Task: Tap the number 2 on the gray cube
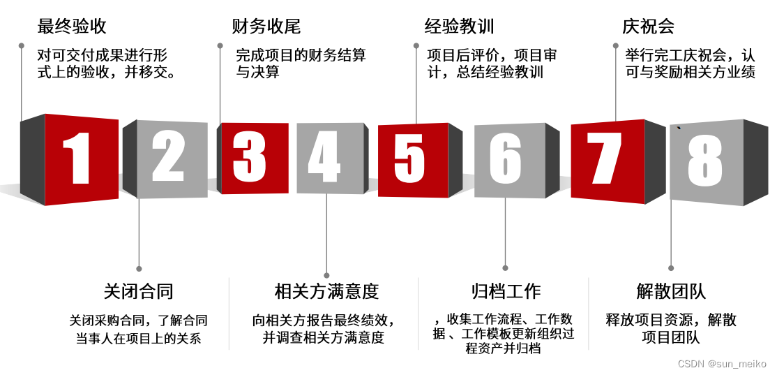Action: [x=168, y=157]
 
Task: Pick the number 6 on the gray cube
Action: [x=506, y=158]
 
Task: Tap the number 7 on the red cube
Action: [x=604, y=157]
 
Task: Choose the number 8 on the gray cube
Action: [x=704, y=161]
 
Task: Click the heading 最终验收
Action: [x=72, y=27]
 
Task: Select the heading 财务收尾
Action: [x=266, y=27]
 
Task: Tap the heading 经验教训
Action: [x=460, y=27]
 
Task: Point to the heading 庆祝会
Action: [x=648, y=27]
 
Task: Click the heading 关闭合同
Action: [x=138, y=291]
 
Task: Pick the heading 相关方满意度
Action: [x=326, y=291]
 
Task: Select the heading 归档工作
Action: [x=506, y=291]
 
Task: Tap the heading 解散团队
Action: [x=671, y=291]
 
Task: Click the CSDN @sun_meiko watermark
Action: [x=722, y=364]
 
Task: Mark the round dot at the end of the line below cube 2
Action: [x=139, y=268]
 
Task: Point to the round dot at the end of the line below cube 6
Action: [x=506, y=267]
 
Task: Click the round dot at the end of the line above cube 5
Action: [x=416, y=45]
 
